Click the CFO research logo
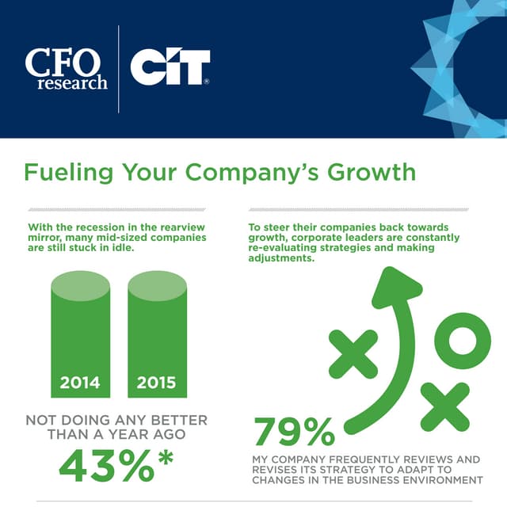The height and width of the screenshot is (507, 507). tap(66, 69)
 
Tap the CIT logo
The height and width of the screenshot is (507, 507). tap(170, 68)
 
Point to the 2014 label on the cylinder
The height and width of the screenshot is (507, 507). tap(80, 383)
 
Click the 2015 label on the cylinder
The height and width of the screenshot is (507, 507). tap(156, 383)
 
